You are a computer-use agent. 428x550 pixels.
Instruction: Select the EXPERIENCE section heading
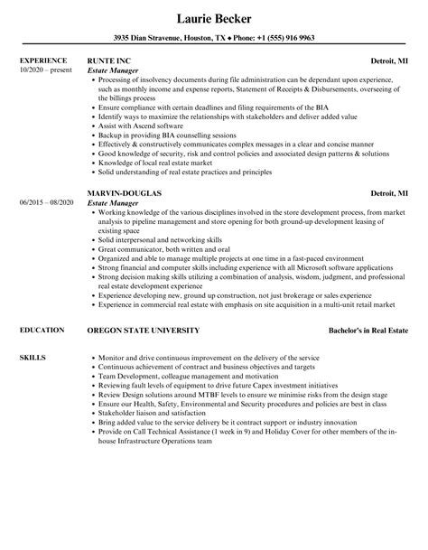pyautogui.click(x=45, y=61)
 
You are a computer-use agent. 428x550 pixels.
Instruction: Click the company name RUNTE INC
pyautogui.click(x=109, y=61)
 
